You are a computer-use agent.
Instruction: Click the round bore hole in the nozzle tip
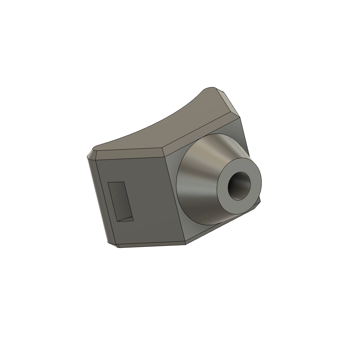[x=239, y=186]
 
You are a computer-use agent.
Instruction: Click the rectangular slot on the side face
[x=120, y=201]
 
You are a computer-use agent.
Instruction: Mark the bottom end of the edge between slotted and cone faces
[x=186, y=242]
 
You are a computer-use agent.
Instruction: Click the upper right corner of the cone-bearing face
[x=240, y=118]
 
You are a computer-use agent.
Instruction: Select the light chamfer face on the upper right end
[x=229, y=102]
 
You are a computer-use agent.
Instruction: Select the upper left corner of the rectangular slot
[x=108, y=183]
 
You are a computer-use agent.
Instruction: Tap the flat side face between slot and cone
[x=151, y=201]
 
